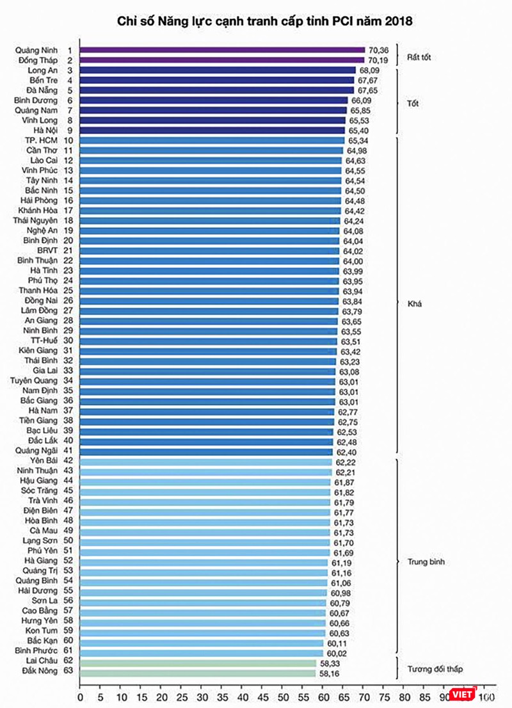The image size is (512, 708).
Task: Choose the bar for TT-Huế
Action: (x=209, y=341)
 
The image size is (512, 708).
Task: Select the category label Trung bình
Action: (x=426, y=562)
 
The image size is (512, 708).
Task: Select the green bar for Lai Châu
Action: (x=198, y=664)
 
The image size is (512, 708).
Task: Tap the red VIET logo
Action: (x=462, y=695)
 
